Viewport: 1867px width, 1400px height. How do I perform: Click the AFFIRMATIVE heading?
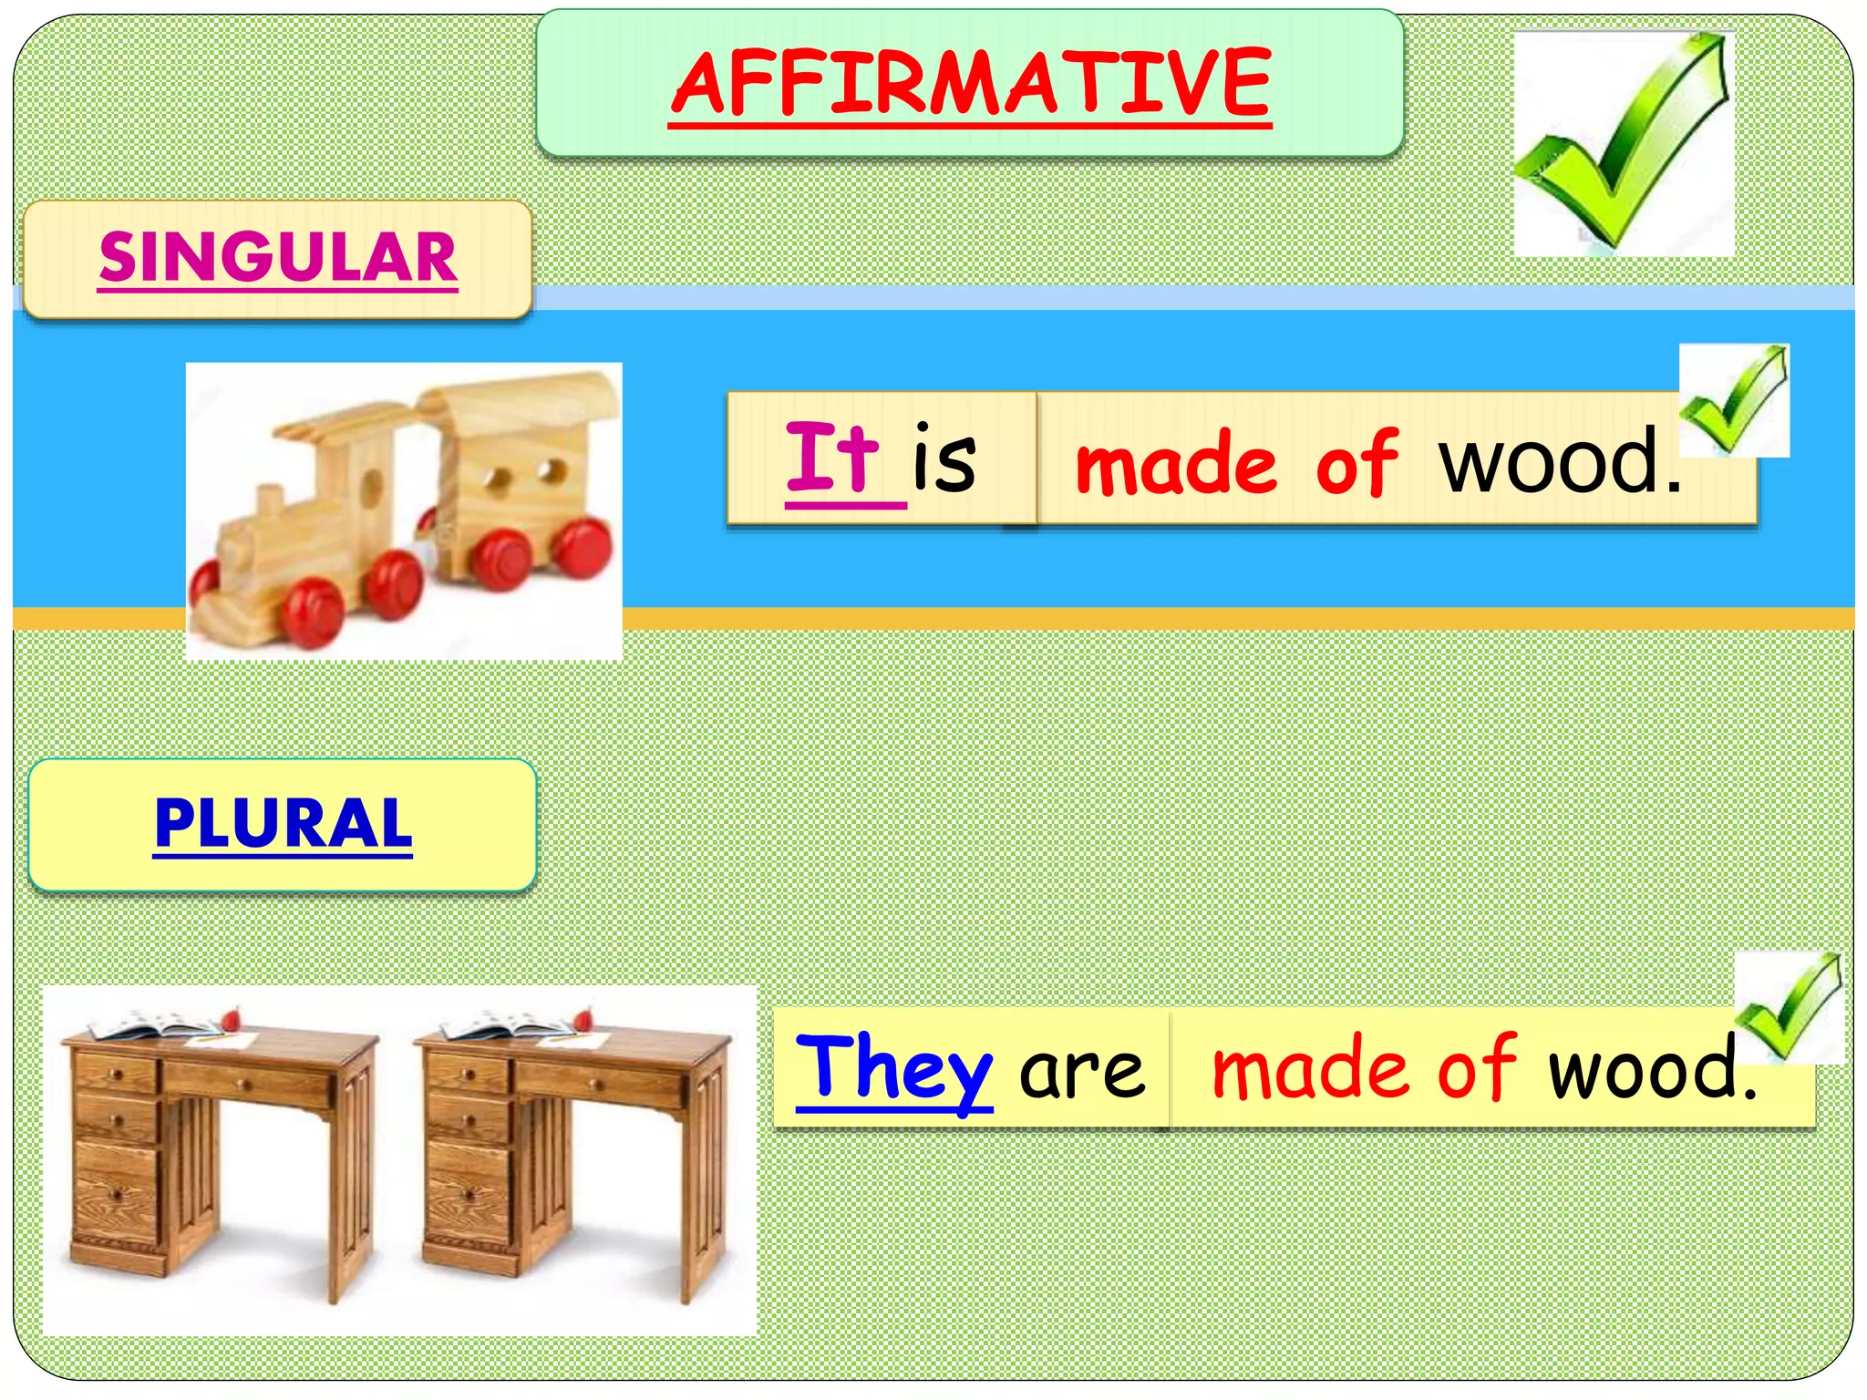(x=970, y=84)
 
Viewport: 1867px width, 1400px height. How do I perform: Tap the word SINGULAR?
(x=278, y=257)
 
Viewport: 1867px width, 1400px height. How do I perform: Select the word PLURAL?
(x=283, y=823)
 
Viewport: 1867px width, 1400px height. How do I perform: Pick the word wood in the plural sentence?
(x=1645, y=1068)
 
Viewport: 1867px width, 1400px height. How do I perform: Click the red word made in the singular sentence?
(x=1176, y=465)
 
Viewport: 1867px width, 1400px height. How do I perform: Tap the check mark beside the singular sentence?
(x=1734, y=399)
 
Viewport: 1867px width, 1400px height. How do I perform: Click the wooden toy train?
(x=404, y=510)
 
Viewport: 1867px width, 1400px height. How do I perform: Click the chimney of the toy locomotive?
(x=269, y=503)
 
